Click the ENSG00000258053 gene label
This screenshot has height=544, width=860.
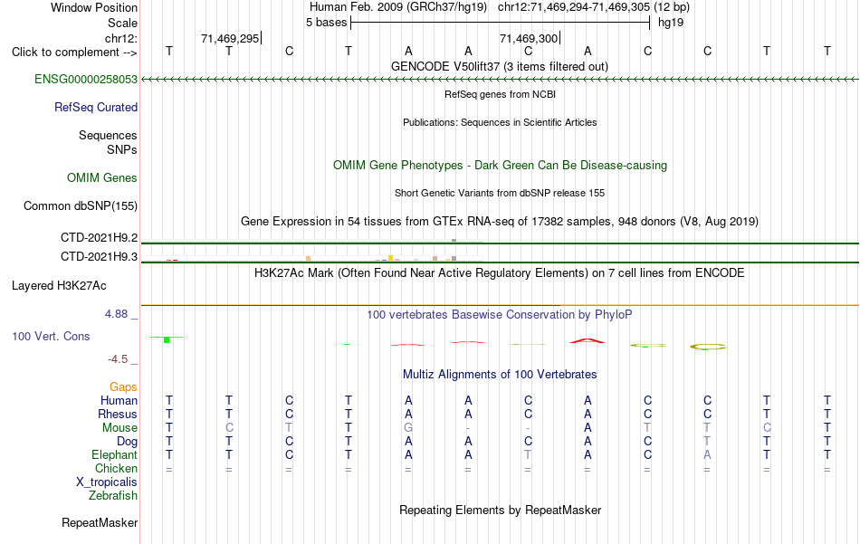[86, 79]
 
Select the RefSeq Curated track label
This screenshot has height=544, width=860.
[96, 107]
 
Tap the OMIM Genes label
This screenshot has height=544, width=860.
[102, 177]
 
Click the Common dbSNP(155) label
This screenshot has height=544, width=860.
[81, 205]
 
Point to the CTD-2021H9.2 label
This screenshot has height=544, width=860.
[100, 237]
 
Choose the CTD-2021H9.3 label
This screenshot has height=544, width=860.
[100, 256]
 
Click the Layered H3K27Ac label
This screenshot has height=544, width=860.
[59, 286]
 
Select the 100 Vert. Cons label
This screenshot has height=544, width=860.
[51, 336]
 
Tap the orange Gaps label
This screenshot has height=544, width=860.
[123, 387]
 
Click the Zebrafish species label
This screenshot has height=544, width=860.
[113, 495]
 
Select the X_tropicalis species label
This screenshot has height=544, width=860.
[107, 482]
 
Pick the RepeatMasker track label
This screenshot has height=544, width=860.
[100, 522]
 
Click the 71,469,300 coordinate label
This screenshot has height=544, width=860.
[529, 38]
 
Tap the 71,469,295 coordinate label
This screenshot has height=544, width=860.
[230, 38]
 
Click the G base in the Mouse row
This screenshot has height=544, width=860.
[408, 428]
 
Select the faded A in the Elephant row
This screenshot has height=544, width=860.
[708, 454]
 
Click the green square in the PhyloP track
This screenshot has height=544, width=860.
[167, 340]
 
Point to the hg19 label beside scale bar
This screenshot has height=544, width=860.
[671, 23]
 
